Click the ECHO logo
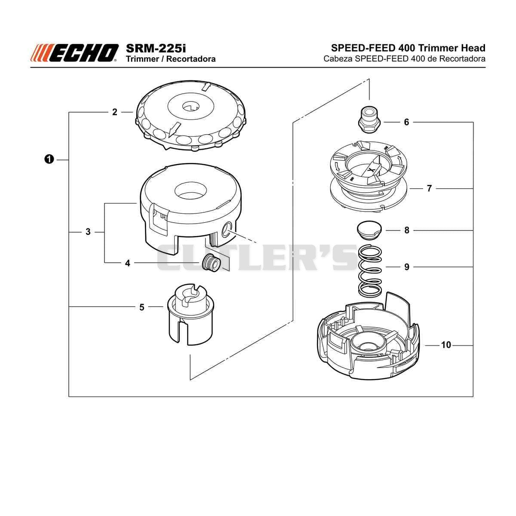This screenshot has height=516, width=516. (74, 53)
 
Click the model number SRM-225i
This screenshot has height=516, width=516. (156, 48)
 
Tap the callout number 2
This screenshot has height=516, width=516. (115, 112)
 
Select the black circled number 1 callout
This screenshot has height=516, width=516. (49, 160)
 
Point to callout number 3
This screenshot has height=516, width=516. (88, 232)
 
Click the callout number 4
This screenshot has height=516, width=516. (128, 263)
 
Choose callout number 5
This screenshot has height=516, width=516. (141, 307)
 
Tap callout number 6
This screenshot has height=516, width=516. (406, 123)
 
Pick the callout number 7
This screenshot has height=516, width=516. (429, 188)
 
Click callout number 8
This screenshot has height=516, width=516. (407, 230)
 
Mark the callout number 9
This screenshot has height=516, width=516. (407, 267)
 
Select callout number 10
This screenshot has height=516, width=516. (446, 345)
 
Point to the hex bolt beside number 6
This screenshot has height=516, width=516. (369, 120)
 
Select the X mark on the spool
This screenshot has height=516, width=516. (371, 170)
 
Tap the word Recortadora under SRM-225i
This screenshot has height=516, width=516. (191, 59)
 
